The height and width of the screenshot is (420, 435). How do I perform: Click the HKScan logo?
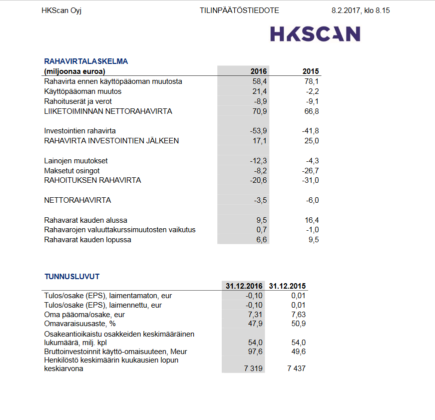pos(315,34)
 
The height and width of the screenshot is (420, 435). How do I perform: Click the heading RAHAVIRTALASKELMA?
pos(86,61)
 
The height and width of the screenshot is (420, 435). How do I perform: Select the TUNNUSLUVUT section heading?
pos(72,276)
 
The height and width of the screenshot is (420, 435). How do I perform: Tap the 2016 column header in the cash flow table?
pos(258,71)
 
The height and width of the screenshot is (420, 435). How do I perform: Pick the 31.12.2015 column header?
pos(287,286)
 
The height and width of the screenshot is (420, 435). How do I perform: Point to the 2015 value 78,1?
pos(311,81)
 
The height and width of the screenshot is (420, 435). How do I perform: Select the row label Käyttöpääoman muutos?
pos(83,91)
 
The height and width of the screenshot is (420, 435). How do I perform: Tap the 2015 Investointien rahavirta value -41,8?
pos(310,131)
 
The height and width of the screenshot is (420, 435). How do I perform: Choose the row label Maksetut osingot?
pos(72,171)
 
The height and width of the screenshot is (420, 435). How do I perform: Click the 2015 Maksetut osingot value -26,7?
pos(310,171)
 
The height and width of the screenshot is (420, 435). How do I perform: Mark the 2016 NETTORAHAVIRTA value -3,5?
pos(260,200)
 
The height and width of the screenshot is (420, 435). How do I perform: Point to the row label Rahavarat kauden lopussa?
pos(88,240)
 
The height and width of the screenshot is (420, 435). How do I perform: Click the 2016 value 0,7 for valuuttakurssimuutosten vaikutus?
pos(261,230)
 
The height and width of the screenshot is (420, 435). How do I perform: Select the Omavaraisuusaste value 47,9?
pos(255,324)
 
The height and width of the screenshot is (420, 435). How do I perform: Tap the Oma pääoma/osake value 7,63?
pos(298,315)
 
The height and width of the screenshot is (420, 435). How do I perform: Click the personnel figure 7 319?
pos(252,369)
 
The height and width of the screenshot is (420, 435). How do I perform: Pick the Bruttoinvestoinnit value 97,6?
pos(255,352)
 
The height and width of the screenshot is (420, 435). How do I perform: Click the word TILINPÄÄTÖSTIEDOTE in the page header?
pos(239,10)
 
